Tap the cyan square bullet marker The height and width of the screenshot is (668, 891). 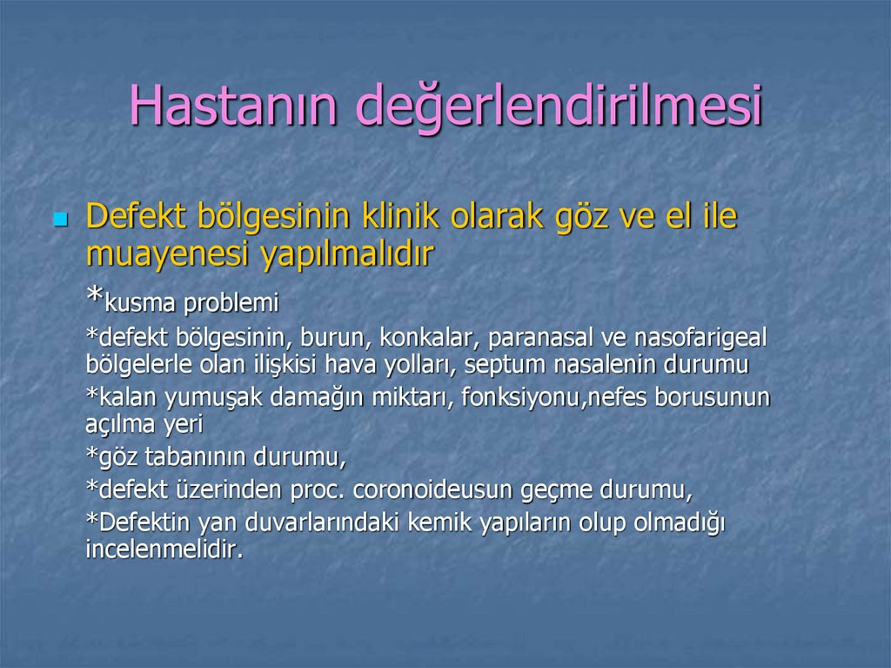click(x=60, y=219)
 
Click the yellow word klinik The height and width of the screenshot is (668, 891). click(x=402, y=217)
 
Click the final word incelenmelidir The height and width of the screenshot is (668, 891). click(x=164, y=550)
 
